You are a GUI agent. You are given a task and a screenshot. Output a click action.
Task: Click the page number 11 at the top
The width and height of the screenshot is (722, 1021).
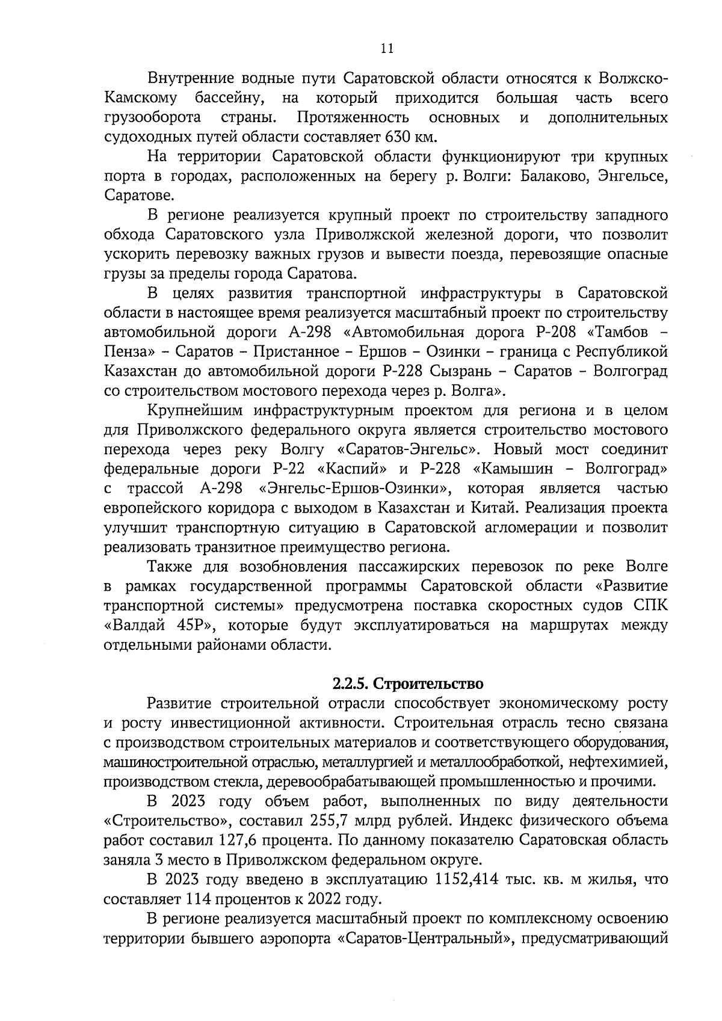[x=387, y=49]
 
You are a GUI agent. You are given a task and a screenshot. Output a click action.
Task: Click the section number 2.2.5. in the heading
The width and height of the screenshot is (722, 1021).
[x=352, y=683]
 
